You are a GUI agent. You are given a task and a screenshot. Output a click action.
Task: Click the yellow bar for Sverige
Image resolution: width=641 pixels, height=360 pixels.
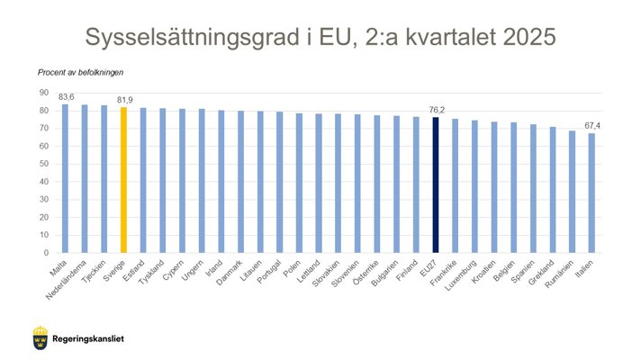click(124, 180)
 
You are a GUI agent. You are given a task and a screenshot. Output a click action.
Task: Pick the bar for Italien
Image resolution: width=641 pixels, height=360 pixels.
click(591, 193)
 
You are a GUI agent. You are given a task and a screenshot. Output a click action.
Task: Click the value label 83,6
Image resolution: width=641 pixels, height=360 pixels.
click(67, 97)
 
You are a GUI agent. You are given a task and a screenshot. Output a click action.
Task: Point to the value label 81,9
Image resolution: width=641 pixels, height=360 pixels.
click(125, 100)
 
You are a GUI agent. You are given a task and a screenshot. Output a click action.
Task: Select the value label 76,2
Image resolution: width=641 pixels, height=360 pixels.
click(437, 111)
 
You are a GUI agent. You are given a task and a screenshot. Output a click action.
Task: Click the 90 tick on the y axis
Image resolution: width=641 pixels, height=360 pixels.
click(43, 93)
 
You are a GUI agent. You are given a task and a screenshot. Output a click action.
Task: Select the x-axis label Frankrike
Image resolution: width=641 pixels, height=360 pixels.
click(446, 271)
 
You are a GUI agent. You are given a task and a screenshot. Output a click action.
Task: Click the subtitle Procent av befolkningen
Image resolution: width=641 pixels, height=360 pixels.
click(81, 72)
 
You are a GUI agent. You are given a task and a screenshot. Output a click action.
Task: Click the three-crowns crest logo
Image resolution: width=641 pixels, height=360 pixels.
click(40, 339)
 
